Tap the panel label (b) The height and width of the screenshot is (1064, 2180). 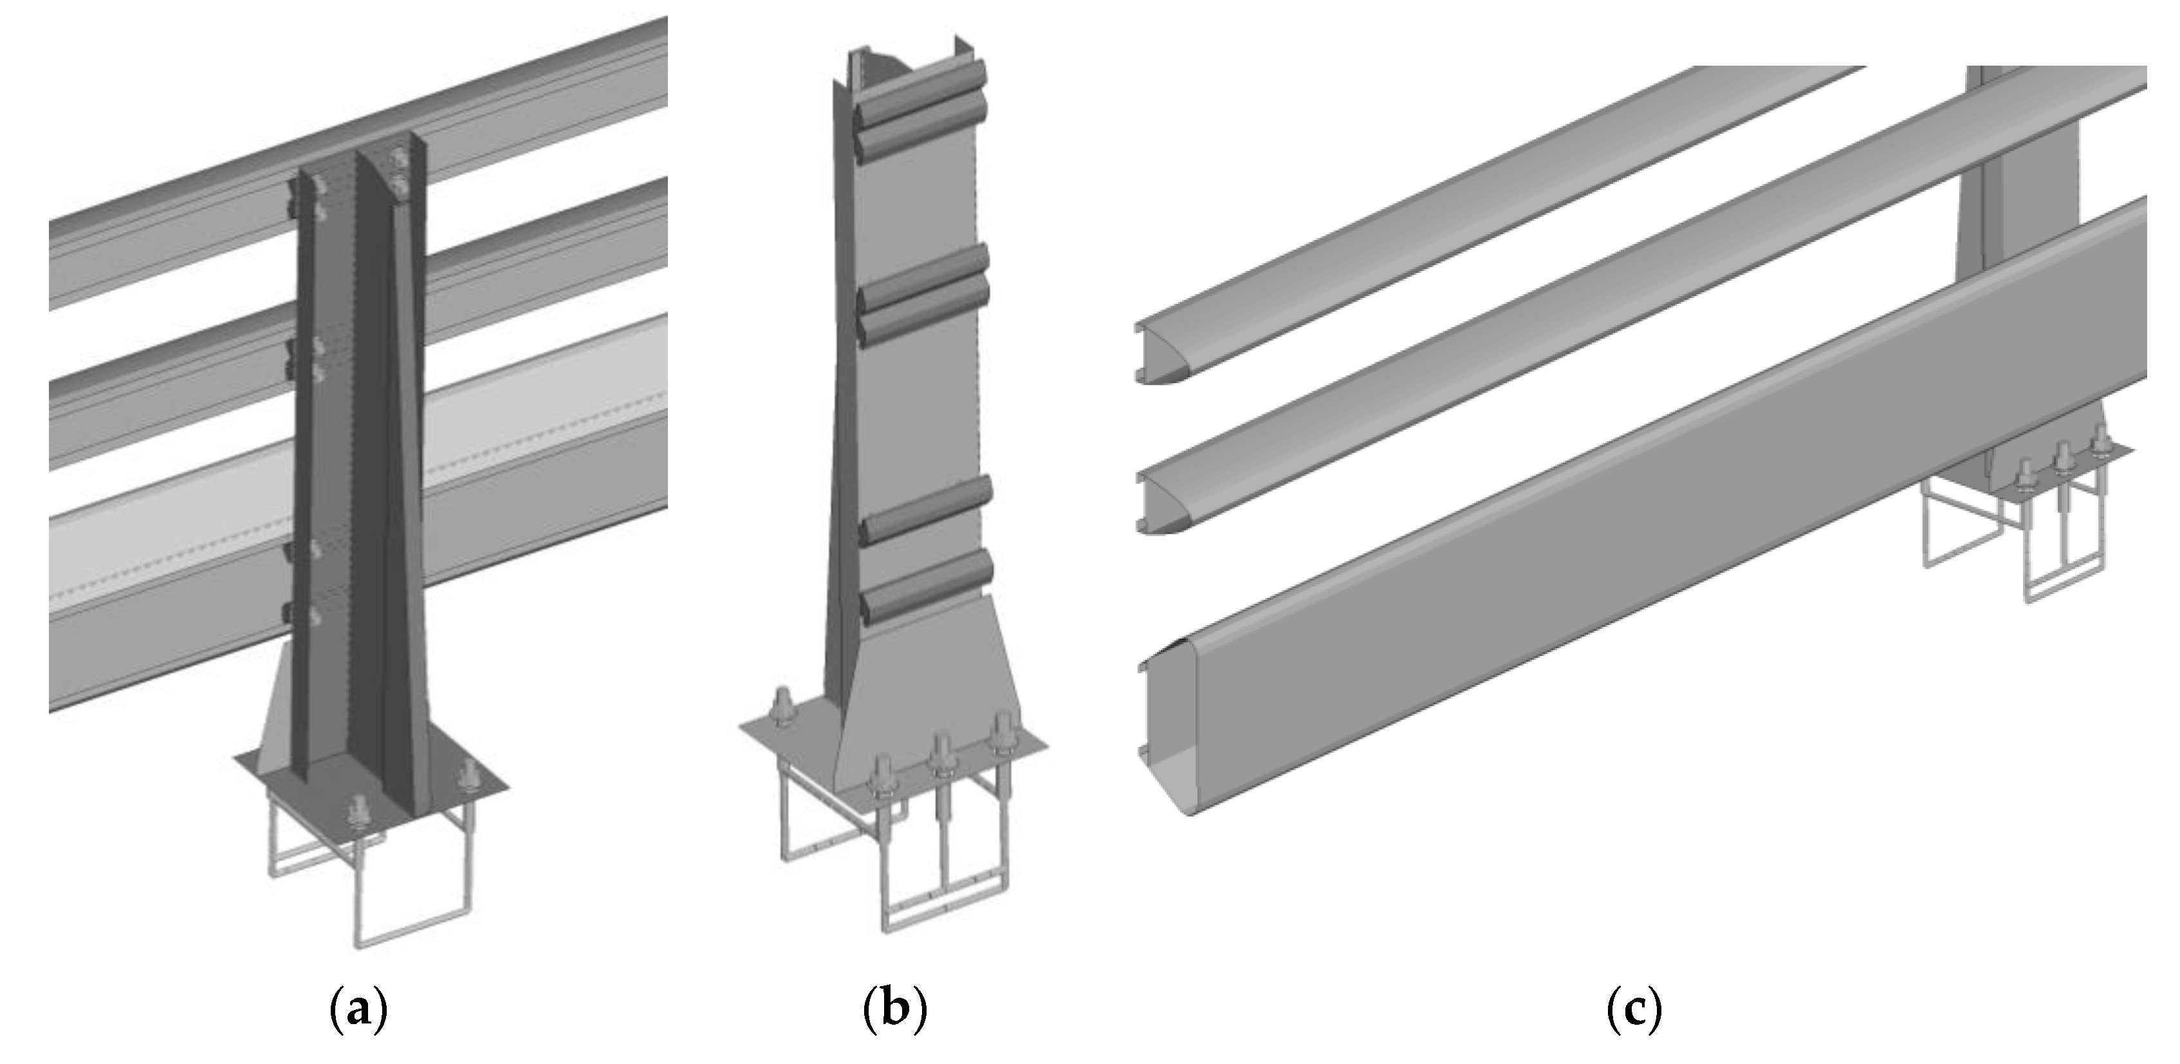[894, 1011]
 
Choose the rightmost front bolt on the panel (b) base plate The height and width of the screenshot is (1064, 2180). [1003, 733]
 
